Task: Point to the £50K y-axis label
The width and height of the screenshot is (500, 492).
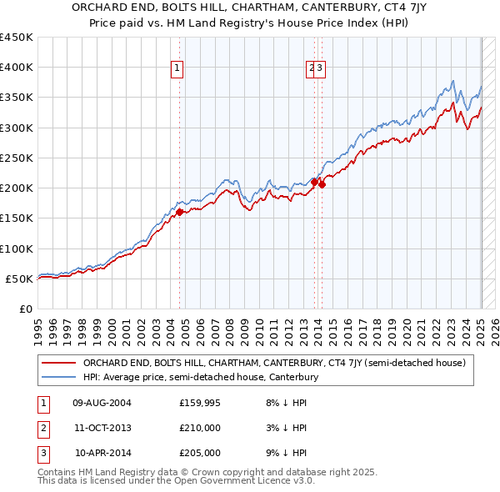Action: (19, 279)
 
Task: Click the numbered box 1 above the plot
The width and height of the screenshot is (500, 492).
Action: (178, 69)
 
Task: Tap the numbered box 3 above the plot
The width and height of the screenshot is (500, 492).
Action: (320, 69)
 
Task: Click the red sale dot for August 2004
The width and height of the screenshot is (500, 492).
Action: (179, 213)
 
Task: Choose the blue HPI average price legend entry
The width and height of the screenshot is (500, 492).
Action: (200, 377)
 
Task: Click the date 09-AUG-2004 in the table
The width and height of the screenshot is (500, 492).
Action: (102, 404)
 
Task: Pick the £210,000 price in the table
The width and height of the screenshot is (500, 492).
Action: (200, 429)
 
